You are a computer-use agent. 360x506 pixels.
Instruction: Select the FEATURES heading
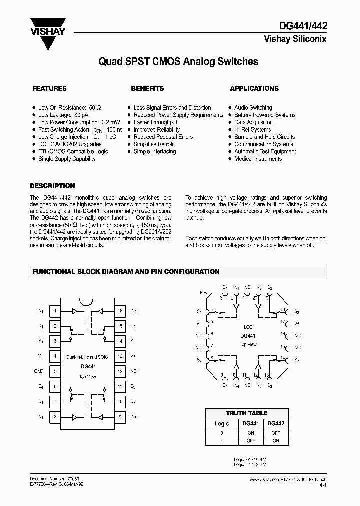tap(49, 88)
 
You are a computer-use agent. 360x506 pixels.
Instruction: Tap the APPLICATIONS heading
tap(254, 88)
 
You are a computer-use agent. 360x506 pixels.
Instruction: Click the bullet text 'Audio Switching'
tap(253, 108)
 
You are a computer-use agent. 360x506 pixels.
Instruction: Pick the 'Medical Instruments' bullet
tap(258, 159)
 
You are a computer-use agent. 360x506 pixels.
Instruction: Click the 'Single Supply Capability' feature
tap(67, 159)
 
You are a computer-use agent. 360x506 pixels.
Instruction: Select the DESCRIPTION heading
tap(52, 185)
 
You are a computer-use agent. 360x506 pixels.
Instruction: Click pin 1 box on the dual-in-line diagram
tap(55, 311)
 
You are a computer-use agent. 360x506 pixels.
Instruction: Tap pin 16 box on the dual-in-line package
tap(120, 311)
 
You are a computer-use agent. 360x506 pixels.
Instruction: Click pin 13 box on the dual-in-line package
tap(120, 356)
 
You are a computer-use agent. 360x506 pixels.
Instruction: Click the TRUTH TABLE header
tap(246, 413)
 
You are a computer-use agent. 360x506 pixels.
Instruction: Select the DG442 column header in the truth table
tap(275, 423)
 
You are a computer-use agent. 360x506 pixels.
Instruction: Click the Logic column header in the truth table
tap(221, 423)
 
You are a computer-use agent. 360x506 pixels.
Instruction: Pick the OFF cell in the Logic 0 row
tap(275, 433)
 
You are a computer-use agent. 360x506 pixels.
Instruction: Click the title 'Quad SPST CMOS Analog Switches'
tap(178, 62)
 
